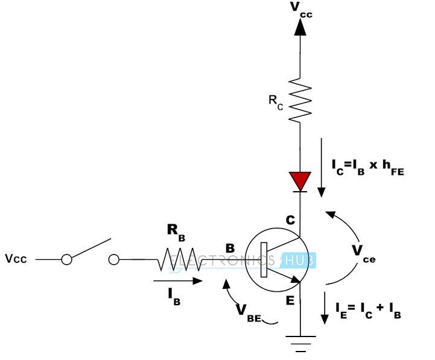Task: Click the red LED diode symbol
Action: click(x=300, y=180)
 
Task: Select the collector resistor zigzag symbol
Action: click(x=300, y=99)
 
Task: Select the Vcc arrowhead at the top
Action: click(x=300, y=28)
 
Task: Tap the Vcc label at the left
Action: click(x=17, y=259)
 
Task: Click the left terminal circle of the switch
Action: click(x=66, y=259)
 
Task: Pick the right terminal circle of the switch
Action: click(x=114, y=259)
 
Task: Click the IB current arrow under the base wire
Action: click(x=177, y=280)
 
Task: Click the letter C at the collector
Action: click(x=290, y=220)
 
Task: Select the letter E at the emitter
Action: click(x=290, y=300)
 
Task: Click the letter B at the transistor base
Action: click(x=229, y=248)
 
